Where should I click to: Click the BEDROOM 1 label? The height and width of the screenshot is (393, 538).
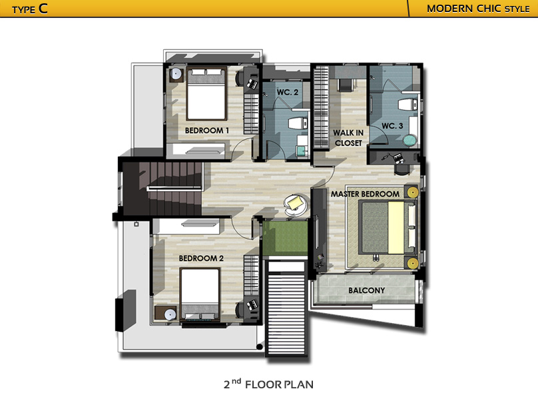point(206,131)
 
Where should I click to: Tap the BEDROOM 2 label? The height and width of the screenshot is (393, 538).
point(201,258)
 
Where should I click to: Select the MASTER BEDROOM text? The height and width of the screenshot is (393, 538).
point(365,194)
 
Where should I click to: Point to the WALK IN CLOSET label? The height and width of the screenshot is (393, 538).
point(348,138)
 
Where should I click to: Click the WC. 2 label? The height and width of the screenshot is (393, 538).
point(288,92)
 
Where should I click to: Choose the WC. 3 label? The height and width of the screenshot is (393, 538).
point(392,126)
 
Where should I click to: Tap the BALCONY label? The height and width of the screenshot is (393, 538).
point(366,290)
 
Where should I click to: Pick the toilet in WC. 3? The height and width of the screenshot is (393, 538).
point(407,105)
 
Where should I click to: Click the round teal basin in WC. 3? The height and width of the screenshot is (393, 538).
point(409,141)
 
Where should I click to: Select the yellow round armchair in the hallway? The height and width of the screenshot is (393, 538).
point(296,204)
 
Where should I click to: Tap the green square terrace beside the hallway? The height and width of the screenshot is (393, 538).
point(285,238)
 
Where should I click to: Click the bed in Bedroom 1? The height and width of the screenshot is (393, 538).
point(206,94)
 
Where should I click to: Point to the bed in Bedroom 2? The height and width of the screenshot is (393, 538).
point(200,294)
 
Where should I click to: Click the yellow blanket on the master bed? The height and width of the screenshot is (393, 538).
point(396,228)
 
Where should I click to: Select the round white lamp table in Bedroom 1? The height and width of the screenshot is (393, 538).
point(176,74)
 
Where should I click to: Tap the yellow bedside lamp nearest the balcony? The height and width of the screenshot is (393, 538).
point(412,263)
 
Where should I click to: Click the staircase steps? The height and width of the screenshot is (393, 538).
point(170,189)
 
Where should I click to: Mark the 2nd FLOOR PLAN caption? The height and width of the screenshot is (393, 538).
point(268,384)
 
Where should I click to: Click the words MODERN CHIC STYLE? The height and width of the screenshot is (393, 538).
point(478,9)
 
